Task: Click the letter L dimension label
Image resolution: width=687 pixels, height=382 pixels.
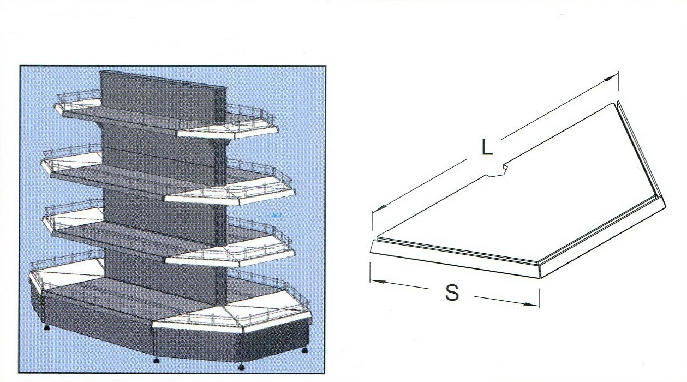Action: (x=487, y=147)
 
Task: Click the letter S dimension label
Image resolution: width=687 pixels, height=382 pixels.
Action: (x=452, y=292)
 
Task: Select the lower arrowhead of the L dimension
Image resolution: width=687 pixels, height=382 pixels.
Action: (x=379, y=208)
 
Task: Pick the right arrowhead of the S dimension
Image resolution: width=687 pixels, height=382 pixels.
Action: (x=531, y=304)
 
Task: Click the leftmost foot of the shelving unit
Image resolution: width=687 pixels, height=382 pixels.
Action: (x=47, y=327)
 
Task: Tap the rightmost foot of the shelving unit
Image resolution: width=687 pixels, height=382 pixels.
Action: (x=304, y=350)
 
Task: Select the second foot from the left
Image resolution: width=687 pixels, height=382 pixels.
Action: (x=156, y=360)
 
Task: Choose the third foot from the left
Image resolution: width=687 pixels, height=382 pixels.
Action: (x=241, y=366)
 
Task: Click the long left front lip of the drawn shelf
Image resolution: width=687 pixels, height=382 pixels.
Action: (x=456, y=258)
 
